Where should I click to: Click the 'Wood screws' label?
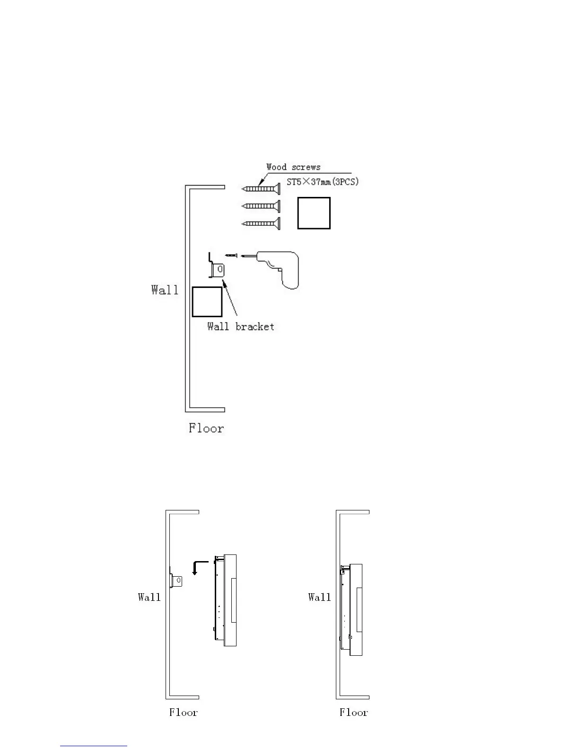point(293,167)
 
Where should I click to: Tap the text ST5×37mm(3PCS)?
point(323,182)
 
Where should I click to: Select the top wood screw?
point(261,189)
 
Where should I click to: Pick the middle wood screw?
point(261,206)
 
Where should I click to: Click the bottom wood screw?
point(261,223)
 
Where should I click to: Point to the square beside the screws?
point(314,214)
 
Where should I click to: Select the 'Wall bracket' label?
point(241,327)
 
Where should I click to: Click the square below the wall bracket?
point(207,302)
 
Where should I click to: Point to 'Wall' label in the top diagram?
point(165,290)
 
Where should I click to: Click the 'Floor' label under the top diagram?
point(206,429)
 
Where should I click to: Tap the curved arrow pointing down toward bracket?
point(200,566)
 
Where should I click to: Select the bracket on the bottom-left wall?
point(177,580)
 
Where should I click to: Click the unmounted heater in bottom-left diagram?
point(225,600)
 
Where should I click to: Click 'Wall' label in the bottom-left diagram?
point(149,597)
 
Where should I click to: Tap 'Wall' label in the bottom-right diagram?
point(319,597)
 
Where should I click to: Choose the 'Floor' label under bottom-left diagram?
point(184,713)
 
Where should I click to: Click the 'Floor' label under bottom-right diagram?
point(353,713)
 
